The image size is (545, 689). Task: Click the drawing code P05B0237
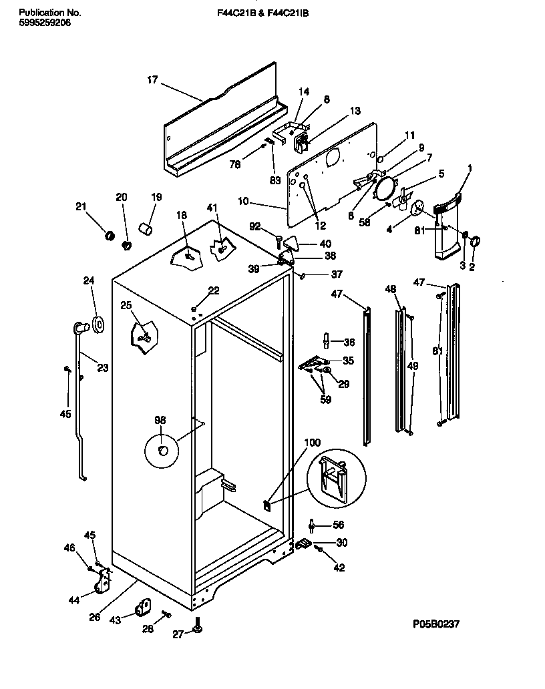436,624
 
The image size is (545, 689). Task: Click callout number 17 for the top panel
152,80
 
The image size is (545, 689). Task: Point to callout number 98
160,420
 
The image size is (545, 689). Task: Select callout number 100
312,443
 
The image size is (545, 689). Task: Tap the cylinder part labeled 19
146,230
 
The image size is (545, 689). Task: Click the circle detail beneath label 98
162,451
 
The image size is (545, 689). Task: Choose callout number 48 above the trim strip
391,288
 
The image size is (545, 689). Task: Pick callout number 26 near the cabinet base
95,617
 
